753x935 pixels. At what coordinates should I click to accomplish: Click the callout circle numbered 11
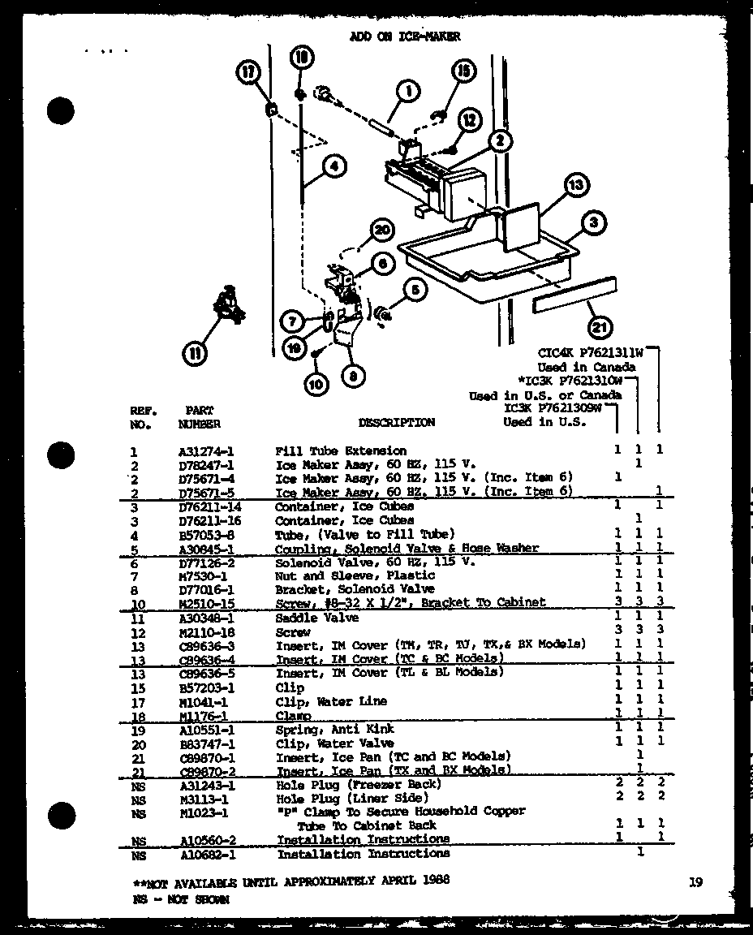pyautogui.click(x=196, y=353)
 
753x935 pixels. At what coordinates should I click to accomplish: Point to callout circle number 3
pyautogui.click(x=595, y=222)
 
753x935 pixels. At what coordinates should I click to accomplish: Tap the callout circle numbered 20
pyautogui.click(x=381, y=231)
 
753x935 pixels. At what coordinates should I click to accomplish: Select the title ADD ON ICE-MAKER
pyautogui.click(x=405, y=37)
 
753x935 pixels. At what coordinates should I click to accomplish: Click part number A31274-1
pyautogui.click(x=206, y=451)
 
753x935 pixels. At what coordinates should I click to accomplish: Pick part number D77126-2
pyautogui.click(x=206, y=562)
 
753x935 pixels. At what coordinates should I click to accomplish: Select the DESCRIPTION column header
pyautogui.click(x=396, y=422)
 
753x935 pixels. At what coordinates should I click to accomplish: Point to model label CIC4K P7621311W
pyautogui.click(x=591, y=353)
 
